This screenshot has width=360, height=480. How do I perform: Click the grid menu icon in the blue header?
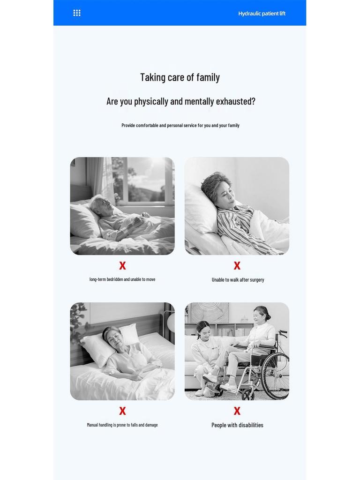point(77,13)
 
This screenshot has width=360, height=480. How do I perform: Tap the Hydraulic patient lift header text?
point(262,14)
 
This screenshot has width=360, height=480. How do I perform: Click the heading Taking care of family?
point(180,77)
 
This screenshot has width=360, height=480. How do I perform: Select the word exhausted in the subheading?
point(235,101)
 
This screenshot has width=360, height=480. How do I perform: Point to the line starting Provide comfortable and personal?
point(180,125)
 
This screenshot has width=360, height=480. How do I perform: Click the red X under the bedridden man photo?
point(122,266)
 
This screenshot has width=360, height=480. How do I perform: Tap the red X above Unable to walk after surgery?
point(237,266)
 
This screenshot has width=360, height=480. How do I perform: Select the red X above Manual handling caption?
point(122,411)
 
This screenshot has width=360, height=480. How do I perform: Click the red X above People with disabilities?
point(237,411)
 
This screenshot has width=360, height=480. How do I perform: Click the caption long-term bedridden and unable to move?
point(122,279)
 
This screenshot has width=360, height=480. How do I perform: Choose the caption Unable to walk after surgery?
point(238,280)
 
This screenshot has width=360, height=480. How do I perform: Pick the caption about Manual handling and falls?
point(122,425)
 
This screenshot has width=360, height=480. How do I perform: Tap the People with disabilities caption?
point(237,425)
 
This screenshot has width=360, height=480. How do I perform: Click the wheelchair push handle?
point(283,333)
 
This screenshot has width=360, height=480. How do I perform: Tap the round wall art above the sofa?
point(210,312)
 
